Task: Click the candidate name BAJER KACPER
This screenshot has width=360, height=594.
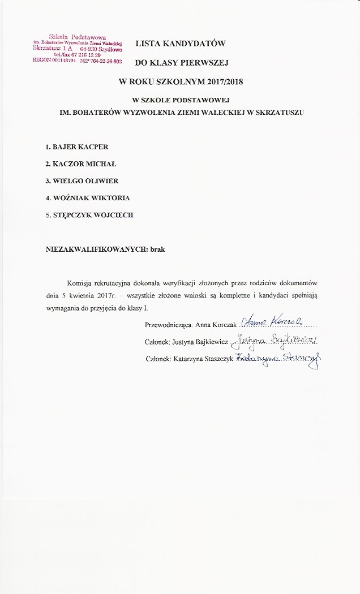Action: pos(76,147)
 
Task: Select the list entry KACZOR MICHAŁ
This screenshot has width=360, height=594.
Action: pos(80,164)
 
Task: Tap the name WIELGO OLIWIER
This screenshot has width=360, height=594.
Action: pos(82,181)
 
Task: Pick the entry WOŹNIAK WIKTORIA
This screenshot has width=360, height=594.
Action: pos(88,198)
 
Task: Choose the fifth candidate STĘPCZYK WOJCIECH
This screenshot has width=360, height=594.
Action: pos(89,215)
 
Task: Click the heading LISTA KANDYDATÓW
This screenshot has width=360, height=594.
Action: pos(181,43)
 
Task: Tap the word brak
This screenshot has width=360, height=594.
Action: pos(157,248)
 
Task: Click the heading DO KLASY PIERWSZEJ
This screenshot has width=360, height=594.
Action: pos(181,63)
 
